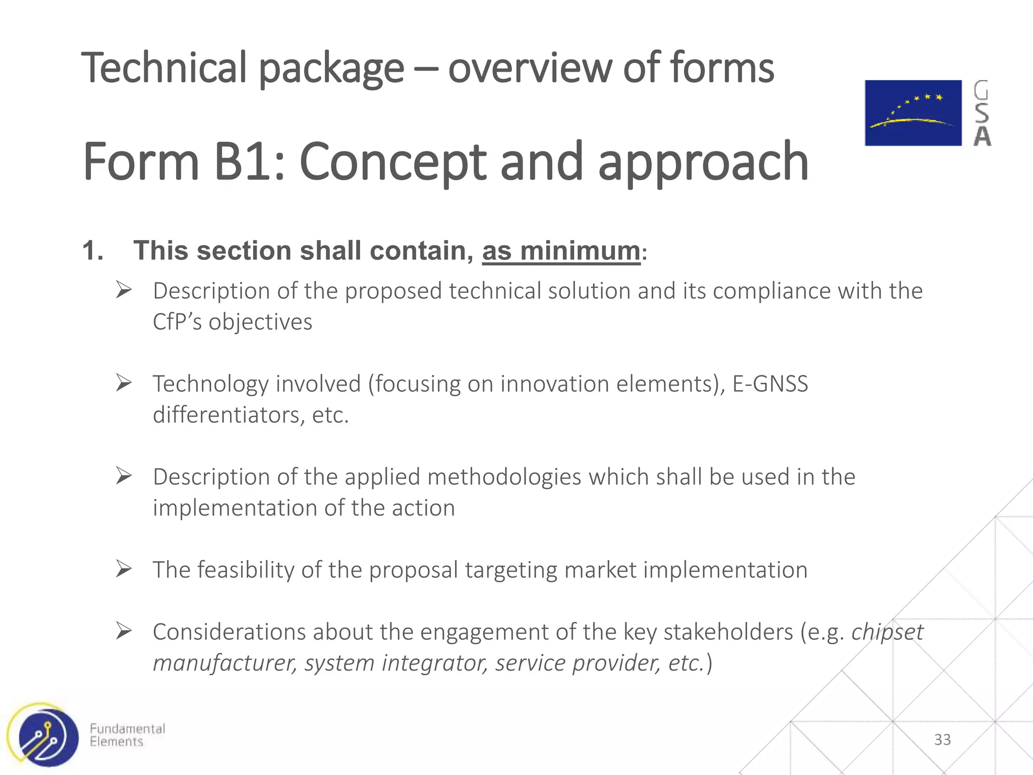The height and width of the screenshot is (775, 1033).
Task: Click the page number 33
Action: (942, 740)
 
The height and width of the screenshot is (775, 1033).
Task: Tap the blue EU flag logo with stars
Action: (913, 113)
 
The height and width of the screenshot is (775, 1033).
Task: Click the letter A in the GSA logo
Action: (982, 136)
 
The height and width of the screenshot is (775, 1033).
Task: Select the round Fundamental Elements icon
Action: (44, 736)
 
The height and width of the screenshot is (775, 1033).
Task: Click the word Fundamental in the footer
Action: (127, 729)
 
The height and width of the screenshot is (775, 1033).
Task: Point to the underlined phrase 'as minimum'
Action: (561, 251)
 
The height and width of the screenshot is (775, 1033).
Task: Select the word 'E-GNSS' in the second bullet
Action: (770, 384)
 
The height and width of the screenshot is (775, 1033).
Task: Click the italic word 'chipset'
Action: (887, 632)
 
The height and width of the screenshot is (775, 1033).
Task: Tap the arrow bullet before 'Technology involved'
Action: (124, 383)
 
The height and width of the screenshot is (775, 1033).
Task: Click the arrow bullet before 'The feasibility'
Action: (124, 569)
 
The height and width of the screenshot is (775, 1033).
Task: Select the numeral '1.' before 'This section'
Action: (93, 251)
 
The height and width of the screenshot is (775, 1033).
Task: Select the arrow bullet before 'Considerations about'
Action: (124, 631)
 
